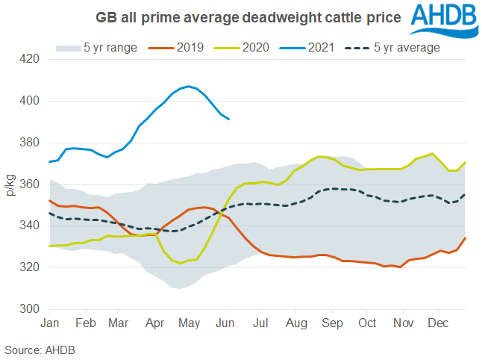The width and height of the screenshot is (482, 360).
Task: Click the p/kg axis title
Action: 10,183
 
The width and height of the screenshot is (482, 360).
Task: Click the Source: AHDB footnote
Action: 39,350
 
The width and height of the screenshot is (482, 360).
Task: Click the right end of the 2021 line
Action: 228,119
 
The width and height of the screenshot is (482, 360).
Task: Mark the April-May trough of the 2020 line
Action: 180,263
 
